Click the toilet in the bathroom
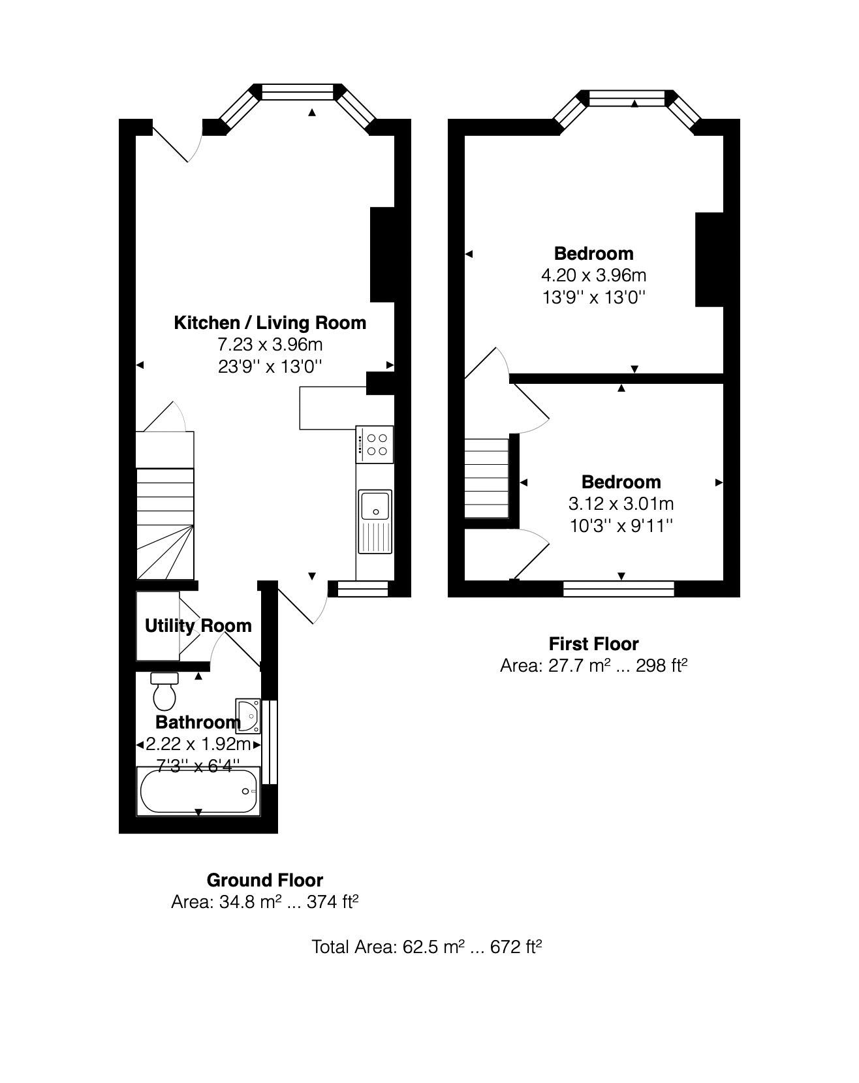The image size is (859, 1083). (164, 692)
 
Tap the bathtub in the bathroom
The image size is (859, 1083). (199, 791)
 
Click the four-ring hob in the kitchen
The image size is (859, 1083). (375, 444)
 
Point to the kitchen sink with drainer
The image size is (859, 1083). (375, 521)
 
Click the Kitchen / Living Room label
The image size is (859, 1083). (270, 322)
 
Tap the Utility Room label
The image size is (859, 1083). (198, 625)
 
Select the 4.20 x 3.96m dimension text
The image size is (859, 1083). (593, 275)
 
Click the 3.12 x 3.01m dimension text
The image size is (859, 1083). (621, 504)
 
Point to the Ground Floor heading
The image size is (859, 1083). (264, 880)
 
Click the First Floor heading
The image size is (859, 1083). (593, 644)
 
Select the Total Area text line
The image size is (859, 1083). (427, 947)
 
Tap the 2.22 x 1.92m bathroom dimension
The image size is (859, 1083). (198, 744)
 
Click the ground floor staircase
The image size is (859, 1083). (165, 522)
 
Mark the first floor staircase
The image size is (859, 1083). (486, 478)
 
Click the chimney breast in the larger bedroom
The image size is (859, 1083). (710, 259)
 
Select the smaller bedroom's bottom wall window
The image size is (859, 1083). (618, 589)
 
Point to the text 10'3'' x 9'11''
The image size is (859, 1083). (621, 526)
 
